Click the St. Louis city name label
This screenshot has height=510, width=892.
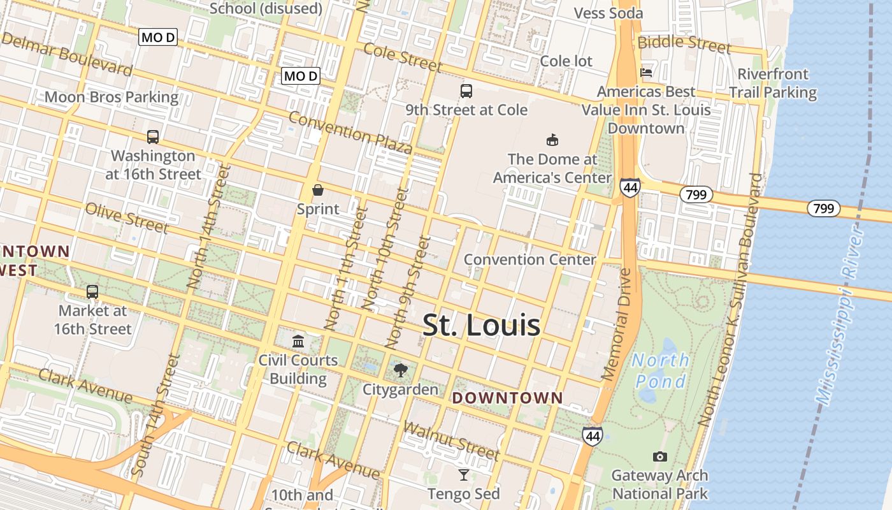tap(482, 326)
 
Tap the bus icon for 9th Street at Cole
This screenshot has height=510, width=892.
tap(466, 91)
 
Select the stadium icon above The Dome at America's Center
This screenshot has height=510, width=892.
tap(552, 140)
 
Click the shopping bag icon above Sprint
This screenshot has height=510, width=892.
tap(318, 190)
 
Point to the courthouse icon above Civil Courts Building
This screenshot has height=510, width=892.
tap(298, 341)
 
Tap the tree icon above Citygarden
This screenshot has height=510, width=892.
tap(401, 370)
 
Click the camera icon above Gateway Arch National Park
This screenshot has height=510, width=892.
tap(660, 456)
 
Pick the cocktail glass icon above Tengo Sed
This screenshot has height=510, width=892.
tap(464, 474)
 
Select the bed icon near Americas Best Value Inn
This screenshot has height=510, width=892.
tap(646, 72)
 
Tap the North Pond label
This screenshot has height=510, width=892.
tap(660, 371)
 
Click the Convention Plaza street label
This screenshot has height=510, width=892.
tap(350, 133)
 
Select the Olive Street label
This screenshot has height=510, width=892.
tap(126, 218)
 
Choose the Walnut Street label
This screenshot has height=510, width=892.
tap(451, 441)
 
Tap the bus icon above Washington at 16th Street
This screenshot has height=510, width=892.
tap(153, 136)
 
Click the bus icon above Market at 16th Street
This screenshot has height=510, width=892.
tap(92, 292)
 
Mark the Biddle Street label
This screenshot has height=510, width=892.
tap(684, 43)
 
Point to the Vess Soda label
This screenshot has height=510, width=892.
tap(608, 13)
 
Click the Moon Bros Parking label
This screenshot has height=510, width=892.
tap(111, 97)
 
